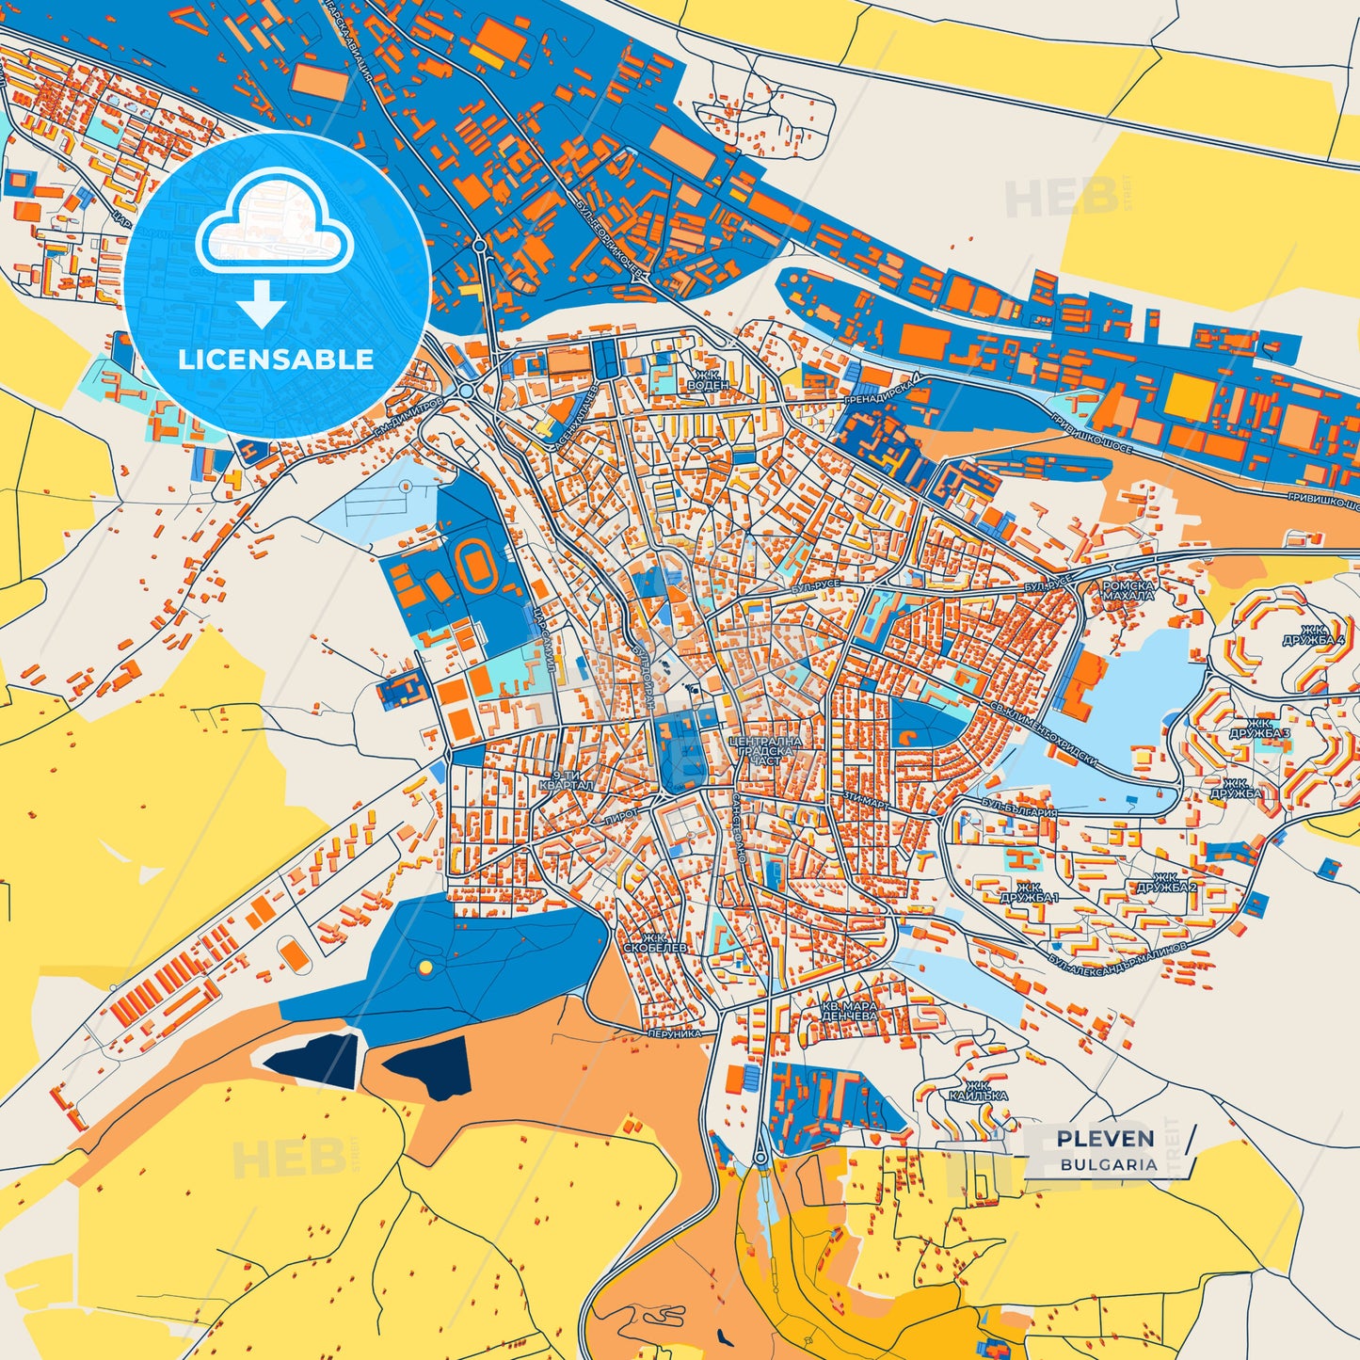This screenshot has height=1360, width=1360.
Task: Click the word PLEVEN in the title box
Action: click(1105, 1139)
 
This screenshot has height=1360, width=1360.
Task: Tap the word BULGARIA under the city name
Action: click(1109, 1164)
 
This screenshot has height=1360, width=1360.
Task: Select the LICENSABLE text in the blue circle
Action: click(276, 360)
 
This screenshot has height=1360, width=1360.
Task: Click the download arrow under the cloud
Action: click(262, 304)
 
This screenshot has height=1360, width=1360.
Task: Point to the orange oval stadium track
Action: click(478, 567)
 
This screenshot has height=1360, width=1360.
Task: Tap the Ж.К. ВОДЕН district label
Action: click(708, 379)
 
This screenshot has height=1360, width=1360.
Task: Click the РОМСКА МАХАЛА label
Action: click(1128, 590)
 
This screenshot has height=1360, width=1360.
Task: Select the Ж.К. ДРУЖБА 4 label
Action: click(1314, 635)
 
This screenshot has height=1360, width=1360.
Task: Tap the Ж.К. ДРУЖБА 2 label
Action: click(1166, 882)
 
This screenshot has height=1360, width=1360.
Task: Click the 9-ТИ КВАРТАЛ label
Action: click(567, 779)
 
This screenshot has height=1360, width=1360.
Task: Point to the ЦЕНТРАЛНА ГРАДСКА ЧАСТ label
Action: click(765, 750)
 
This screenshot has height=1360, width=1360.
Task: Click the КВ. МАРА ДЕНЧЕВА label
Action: click(849, 1011)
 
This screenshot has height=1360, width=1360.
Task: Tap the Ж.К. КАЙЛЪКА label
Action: click(979, 1090)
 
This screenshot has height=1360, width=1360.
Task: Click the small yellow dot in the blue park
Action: click(425, 967)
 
